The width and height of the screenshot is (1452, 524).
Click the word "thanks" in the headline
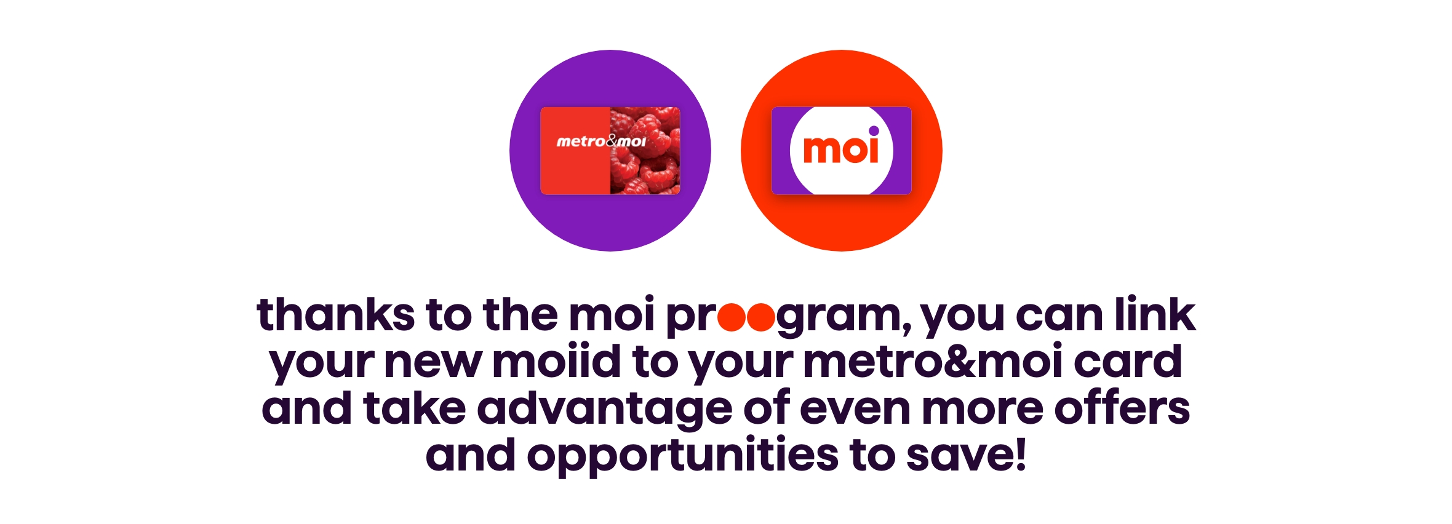pos(335,315)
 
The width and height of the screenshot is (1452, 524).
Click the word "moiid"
pos(556,362)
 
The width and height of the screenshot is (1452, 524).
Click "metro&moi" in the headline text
pos(932,362)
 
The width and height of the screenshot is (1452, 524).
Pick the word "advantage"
pos(605,410)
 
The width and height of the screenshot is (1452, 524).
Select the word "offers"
pos(1122,408)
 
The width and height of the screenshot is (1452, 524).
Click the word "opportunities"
pos(682,456)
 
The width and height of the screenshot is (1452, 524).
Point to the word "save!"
pos(966,455)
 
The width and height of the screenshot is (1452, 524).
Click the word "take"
pos(414,408)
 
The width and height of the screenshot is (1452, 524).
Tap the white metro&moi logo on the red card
pos(600,141)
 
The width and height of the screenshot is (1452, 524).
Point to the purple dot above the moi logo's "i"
pos(874,130)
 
